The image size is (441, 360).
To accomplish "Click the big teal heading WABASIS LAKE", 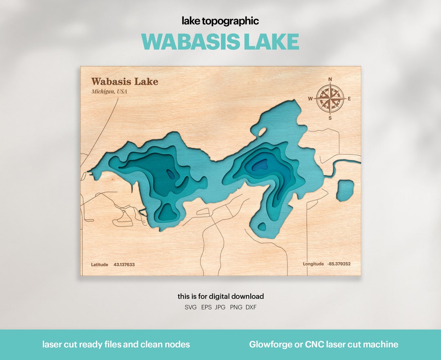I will tap(220, 41).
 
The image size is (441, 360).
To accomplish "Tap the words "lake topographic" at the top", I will tap(220, 21).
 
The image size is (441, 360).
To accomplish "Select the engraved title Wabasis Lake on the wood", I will tap(125, 81).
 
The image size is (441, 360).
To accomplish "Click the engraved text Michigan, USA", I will tap(109, 91).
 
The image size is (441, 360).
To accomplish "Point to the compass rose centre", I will tap(330, 98).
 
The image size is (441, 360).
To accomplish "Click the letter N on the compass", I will tap(330, 79).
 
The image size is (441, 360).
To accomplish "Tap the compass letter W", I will tap(310, 98).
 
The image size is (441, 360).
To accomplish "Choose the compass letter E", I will tap(349, 98).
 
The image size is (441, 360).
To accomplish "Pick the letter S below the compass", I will tap(330, 118).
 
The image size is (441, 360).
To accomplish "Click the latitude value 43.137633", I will tap(124, 264).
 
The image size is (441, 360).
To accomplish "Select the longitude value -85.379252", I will tap(339, 264).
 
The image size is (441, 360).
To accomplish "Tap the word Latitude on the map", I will tap(100, 264).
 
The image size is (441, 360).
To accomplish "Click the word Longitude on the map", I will tap(313, 264).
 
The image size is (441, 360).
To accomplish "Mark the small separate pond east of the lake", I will tap(345, 190).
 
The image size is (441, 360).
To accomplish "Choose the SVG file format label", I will tap(191, 307).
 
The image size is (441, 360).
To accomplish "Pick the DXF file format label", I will tap(251, 307).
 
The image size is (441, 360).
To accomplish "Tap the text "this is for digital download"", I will tap(220, 296).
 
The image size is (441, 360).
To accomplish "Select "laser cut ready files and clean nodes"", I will tap(116, 344).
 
